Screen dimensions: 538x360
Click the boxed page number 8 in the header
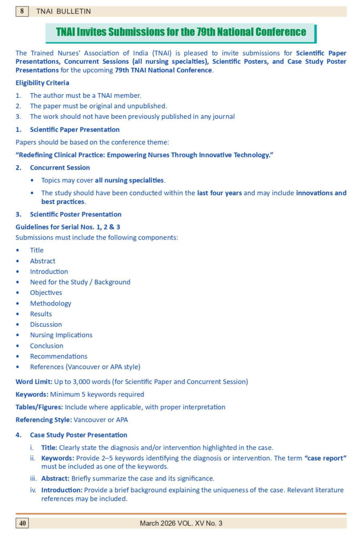pyautogui.click(x=22, y=11)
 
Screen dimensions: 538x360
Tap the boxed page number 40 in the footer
pyautogui.click(x=23, y=523)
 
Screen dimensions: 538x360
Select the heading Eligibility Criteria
pyautogui.click(x=42, y=82)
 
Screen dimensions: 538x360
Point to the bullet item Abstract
pyautogui.click(x=43, y=261)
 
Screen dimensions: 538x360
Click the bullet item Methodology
pyautogui.click(x=50, y=303)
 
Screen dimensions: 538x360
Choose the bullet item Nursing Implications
pyautogui.click(x=61, y=335)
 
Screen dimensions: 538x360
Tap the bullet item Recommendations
pyautogui.click(x=58, y=356)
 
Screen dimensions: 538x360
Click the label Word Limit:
pyautogui.click(x=34, y=381)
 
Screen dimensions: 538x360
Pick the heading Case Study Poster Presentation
pyautogui.click(x=78, y=434)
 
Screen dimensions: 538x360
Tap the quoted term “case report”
pyautogui.click(x=325, y=458)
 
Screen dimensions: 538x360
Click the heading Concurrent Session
pyautogui.click(x=60, y=168)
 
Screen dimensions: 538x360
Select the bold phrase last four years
pyautogui.click(x=219, y=193)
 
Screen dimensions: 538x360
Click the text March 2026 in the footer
pyautogui.click(x=158, y=523)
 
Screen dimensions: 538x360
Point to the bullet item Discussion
pyautogui.click(x=46, y=324)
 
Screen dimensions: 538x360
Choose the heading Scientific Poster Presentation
pyautogui.click(x=76, y=214)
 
